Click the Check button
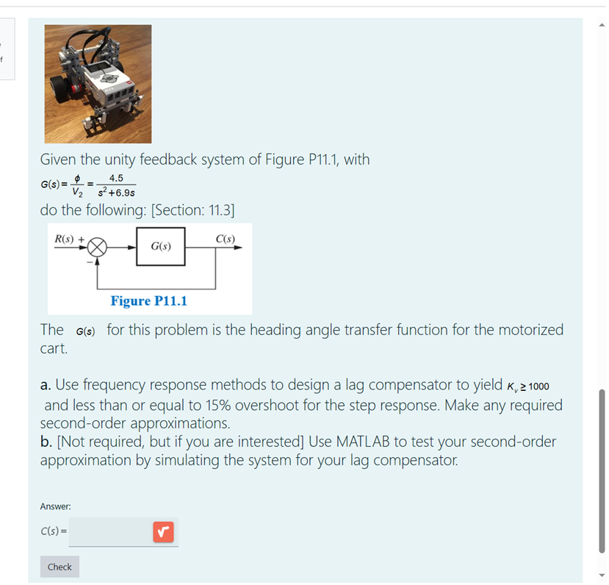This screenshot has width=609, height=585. (60, 567)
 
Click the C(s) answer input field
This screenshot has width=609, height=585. (110, 531)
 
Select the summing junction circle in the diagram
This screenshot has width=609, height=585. (98, 247)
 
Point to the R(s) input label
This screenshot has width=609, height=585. (65, 238)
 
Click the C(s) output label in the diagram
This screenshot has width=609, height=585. (226, 238)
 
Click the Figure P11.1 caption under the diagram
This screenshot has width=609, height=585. (149, 301)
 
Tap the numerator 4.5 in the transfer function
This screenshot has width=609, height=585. (115, 178)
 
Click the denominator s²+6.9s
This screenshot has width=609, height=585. (115, 193)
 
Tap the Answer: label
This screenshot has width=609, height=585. (55, 506)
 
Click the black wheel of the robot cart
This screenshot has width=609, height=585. (73, 88)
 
